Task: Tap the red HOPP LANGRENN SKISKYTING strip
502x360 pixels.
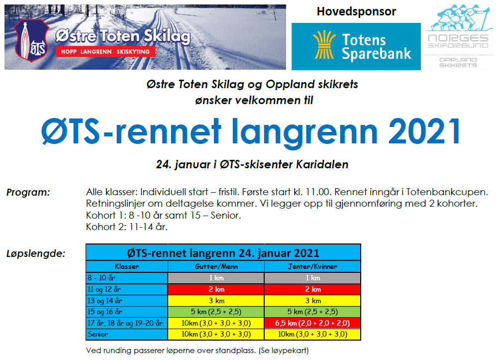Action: pos(105,51)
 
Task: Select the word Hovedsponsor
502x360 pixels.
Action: pos(356,11)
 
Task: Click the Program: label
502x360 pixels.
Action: pos(28,192)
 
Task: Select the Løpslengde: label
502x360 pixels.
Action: pos(36,253)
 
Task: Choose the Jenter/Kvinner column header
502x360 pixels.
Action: pos(312,266)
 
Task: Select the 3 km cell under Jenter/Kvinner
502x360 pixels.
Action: pos(312,301)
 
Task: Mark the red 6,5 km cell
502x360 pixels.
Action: pos(312,323)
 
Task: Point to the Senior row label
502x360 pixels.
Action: pos(98,334)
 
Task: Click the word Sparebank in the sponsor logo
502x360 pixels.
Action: pos(377,53)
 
